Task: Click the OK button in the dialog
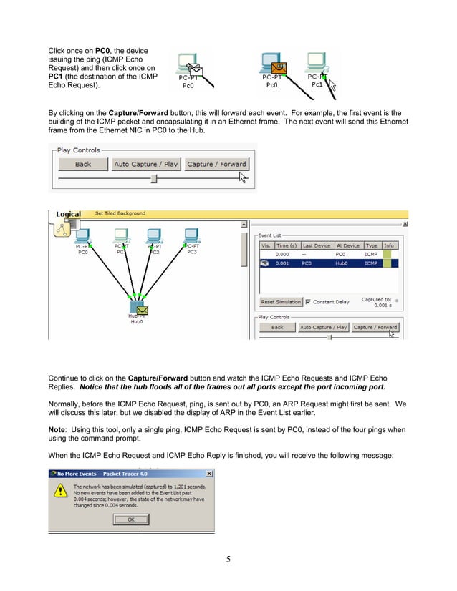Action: [x=130, y=519]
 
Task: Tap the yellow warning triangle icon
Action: [x=62, y=494]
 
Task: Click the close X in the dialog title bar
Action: [x=208, y=474]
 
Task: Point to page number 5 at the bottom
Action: [x=228, y=560]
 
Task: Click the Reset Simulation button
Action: [x=280, y=302]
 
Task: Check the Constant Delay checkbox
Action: [x=309, y=302]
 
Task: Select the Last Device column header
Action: [x=317, y=245]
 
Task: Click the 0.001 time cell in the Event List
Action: [x=284, y=263]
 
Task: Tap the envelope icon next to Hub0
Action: [x=143, y=310]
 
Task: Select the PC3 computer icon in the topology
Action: [x=191, y=235]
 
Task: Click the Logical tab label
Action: [x=69, y=214]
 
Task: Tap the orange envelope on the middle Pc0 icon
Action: [x=280, y=68]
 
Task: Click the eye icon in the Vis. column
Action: [x=264, y=263]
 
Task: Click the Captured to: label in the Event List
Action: [x=377, y=299]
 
